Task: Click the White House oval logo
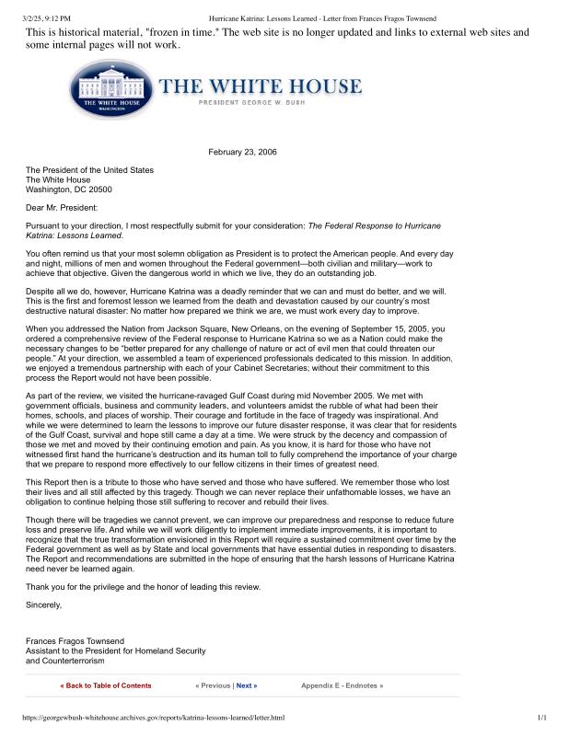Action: (110, 92)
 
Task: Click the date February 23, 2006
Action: (242, 152)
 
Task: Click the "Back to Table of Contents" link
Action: (106, 685)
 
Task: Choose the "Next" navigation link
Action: (246, 685)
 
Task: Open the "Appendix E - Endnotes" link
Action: (342, 685)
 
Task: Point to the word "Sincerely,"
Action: (44, 604)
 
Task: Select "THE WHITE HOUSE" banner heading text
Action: (261, 87)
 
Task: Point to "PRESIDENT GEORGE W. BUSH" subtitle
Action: (271, 106)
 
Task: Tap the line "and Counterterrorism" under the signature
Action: (65, 661)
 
